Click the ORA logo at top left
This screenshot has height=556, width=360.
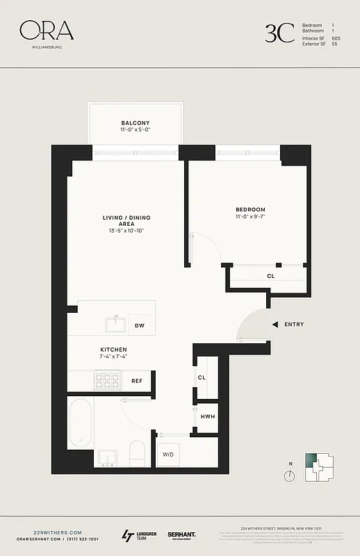point(46,31)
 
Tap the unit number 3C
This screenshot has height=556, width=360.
point(279,33)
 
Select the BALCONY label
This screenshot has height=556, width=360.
point(135,123)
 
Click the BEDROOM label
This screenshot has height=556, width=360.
point(250,209)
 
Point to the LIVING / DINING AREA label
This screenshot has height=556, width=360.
point(126,221)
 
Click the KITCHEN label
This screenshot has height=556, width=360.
point(113,350)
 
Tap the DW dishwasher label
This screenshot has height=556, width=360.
point(140,325)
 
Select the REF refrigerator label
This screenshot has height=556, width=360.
point(137,381)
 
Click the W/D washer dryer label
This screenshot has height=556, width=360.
point(169,455)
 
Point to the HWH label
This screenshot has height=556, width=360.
point(207,416)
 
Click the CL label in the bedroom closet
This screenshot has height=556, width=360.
point(270,276)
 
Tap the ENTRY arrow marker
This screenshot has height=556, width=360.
point(275,325)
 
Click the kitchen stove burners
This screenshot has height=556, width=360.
point(107,380)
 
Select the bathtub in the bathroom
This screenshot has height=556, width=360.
point(81,422)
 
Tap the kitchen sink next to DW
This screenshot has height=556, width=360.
point(115,324)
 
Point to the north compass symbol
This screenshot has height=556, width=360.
point(289,475)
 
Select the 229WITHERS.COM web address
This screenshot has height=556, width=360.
point(47,532)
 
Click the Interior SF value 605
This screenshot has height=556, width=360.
point(336,38)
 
